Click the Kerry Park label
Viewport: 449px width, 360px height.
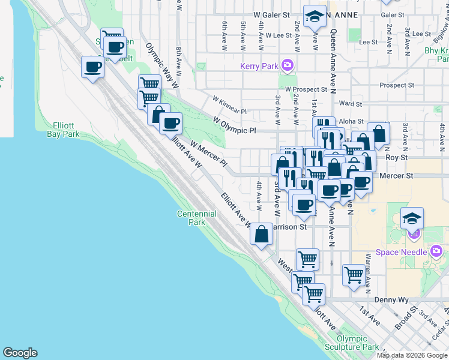[x=259, y=66]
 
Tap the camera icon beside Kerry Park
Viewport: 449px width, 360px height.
[x=288, y=65]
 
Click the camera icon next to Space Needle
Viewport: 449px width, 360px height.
[x=436, y=250]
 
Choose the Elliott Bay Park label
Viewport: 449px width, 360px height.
[x=60, y=130]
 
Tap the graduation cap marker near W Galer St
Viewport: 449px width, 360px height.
[x=314, y=17]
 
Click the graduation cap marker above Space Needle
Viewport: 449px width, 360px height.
[x=412, y=218]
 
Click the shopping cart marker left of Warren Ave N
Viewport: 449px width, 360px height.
[x=354, y=275]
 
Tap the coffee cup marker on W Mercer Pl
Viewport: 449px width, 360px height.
[x=171, y=124]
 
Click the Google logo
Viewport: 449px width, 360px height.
[x=20, y=353]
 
